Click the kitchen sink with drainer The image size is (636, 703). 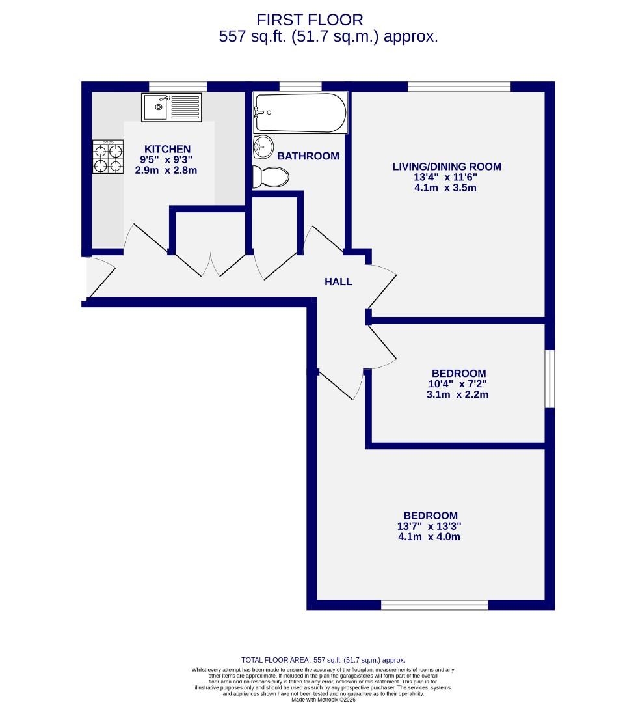[172, 107]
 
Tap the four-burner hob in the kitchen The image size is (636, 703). [108, 158]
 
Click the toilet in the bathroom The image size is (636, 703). [270, 176]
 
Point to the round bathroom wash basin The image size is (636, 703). [263, 146]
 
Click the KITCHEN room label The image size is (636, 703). [167, 149]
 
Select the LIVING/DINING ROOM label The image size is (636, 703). [447, 167]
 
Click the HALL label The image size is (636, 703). [338, 282]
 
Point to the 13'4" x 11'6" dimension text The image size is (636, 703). [447, 178]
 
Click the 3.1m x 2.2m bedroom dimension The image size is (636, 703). [458, 394]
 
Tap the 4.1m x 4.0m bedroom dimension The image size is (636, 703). [429, 537]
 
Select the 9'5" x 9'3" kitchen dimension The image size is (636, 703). [166, 159]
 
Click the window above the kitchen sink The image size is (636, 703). [178, 86]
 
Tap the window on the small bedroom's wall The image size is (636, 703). [550, 379]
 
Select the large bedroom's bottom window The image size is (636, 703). [434, 605]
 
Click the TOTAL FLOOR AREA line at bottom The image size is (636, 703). [323, 660]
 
